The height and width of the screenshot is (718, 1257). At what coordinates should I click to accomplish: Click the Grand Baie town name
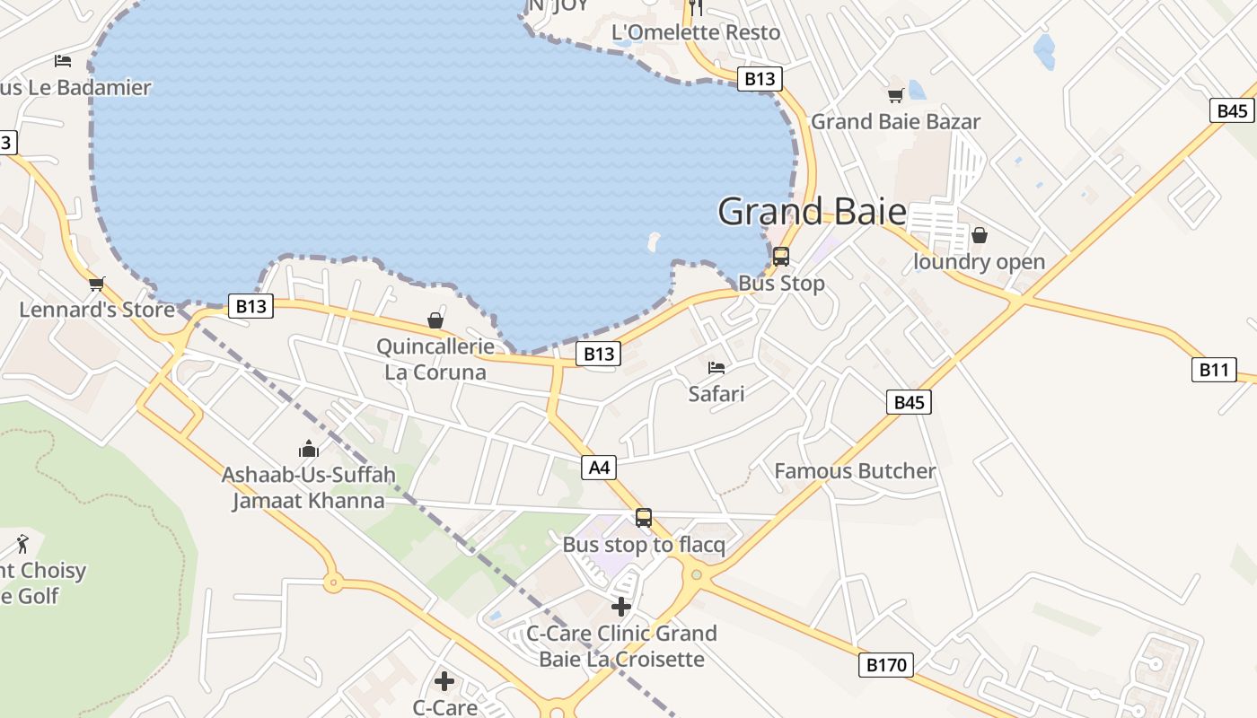(812, 212)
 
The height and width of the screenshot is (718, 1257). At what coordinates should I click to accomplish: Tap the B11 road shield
(1214, 369)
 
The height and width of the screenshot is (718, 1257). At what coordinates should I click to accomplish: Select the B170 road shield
(886, 665)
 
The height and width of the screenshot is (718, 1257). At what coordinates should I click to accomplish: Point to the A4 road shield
(599, 467)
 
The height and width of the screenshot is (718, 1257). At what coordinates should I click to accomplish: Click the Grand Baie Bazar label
(895, 121)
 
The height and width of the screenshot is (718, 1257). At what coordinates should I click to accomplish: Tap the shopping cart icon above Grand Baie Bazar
(895, 95)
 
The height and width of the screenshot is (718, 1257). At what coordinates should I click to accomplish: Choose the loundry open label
(979, 262)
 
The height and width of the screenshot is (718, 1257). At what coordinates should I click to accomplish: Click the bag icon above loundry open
(980, 235)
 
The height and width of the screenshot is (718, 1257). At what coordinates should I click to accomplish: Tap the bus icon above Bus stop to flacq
(644, 518)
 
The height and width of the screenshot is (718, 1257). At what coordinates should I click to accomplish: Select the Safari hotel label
(716, 393)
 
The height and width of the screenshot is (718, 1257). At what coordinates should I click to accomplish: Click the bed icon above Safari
(716, 367)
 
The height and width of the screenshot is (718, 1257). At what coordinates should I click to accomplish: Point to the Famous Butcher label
(855, 471)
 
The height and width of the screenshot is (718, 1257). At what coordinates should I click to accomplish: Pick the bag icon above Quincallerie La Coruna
(435, 320)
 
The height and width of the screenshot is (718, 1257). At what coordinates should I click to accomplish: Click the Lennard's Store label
(97, 310)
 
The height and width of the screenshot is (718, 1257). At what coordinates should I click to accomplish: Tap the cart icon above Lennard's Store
(97, 284)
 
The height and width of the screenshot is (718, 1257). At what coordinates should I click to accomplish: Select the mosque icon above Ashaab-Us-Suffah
(309, 448)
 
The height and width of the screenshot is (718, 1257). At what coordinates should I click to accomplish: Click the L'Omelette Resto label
(696, 32)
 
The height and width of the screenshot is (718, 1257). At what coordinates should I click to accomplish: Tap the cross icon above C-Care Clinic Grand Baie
(621, 607)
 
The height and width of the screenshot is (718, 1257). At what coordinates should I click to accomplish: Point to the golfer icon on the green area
(22, 543)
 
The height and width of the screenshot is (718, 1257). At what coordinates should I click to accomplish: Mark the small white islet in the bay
(653, 241)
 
